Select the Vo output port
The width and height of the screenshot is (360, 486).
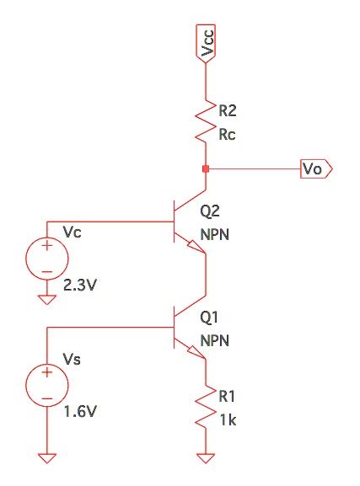(x=317, y=168)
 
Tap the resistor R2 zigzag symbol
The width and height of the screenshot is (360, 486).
(x=207, y=119)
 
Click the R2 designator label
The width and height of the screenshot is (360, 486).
(x=228, y=110)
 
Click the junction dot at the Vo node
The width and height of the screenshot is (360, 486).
(x=207, y=168)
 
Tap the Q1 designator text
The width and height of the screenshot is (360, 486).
(x=210, y=319)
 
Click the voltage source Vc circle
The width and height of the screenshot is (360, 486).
(x=47, y=258)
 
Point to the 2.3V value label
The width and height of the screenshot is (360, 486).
(x=82, y=286)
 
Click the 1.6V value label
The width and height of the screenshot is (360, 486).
(x=82, y=414)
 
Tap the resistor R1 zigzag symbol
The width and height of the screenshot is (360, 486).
(x=207, y=409)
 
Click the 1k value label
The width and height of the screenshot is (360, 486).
(x=227, y=420)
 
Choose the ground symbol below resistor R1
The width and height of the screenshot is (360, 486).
(x=207, y=458)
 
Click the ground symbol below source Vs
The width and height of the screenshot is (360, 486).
(x=47, y=458)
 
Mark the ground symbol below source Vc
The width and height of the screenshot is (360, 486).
(x=47, y=296)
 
